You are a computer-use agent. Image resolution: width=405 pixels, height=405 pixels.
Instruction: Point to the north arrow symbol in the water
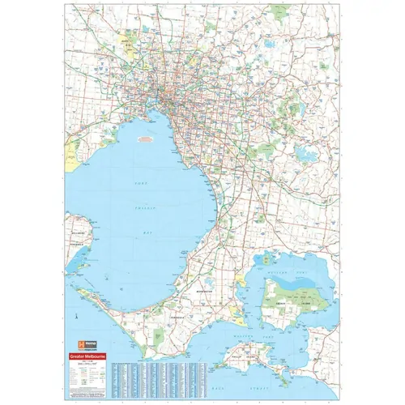pos(75,311)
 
